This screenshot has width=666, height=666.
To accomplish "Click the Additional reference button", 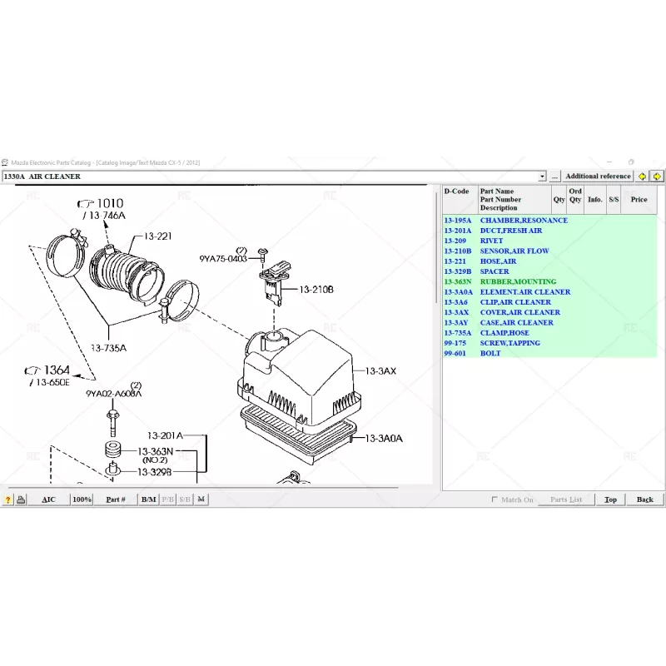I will tap(598, 176).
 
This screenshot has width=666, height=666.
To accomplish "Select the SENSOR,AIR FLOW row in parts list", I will tap(514, 251).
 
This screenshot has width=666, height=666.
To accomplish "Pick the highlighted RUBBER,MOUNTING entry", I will tap(517, 281).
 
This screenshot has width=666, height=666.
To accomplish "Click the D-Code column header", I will tap(456, 191).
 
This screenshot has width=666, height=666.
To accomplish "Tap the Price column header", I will tap(639, 199).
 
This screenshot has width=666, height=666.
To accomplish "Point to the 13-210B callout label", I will tap(316, 289).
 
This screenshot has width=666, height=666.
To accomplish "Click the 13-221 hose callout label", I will tap(157, 236).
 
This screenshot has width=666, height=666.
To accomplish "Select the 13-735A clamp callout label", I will tap(108, 348).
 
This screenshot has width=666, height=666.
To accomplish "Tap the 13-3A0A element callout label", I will tap(382, 438).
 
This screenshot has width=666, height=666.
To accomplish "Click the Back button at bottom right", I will tap(644, 499).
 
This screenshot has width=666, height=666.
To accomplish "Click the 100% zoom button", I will tap(82, 499).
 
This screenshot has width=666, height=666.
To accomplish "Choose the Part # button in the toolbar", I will tap(116, 499).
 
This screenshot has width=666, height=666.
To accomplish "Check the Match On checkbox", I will tap(495, 499).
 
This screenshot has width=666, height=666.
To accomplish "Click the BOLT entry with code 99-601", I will tap(490, 353).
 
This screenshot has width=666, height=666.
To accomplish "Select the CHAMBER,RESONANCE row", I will tap(523, 220).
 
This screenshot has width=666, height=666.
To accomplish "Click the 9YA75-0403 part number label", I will tap(223, 259).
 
